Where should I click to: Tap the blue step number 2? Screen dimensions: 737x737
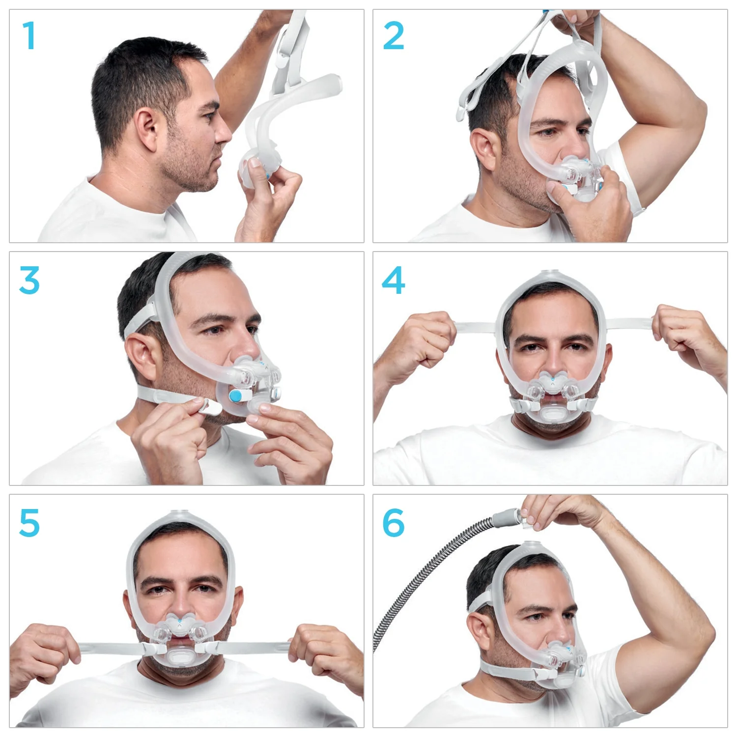point(393,36)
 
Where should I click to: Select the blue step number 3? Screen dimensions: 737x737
point(29,280)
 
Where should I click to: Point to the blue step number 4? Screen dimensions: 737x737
point(393,280)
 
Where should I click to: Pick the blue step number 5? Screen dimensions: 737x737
point(29,523)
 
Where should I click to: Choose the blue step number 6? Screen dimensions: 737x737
point(393,523)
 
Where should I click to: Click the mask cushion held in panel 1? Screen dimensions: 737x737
point(253,170)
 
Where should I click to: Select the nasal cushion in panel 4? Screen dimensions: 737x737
point(553,379)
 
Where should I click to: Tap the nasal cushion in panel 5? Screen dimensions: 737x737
point(180,623)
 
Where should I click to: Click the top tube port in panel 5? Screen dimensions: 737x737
point(179,513)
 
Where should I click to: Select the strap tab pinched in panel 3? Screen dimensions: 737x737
point(209,406)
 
